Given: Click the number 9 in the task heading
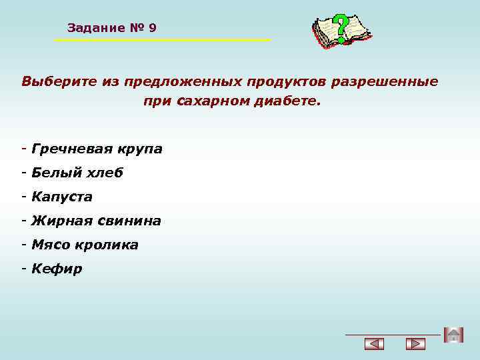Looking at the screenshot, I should coord(153,28).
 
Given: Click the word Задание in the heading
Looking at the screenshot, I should coord(96,28).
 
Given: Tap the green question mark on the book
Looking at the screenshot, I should coord(341,28).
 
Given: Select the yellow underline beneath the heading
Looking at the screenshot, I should coord(162,41).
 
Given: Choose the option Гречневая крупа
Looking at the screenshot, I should coord(96,149).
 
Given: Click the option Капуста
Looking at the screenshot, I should coord(61,197).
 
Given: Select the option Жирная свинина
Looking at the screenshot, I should coord(96,221).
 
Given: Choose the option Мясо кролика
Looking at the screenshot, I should coord(85,245).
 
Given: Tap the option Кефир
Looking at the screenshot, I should coord(57,269).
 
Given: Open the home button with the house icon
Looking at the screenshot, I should coord(453,335).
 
